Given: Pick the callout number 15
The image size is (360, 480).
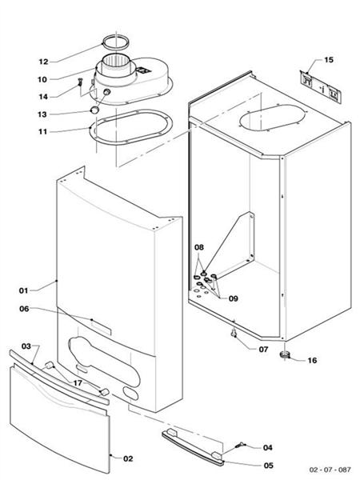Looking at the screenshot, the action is (x=328, y=61).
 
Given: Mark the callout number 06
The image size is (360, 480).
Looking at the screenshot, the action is (x=23, y=309).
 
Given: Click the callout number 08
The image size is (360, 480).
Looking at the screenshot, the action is (x=200, y=248).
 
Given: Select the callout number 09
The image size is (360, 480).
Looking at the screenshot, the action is (x=233, y=299).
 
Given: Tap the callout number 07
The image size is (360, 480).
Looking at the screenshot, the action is (x=263, y=349).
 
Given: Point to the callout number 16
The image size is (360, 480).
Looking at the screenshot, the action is (x=312, y=361).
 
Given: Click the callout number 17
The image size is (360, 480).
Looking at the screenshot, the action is (x=78, y=382).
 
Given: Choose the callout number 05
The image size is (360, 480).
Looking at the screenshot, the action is (x=267, y=465).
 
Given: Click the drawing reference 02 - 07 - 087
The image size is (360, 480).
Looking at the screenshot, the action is (x=323, y=468).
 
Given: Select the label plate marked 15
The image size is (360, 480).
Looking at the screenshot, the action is (x=320, y=82).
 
